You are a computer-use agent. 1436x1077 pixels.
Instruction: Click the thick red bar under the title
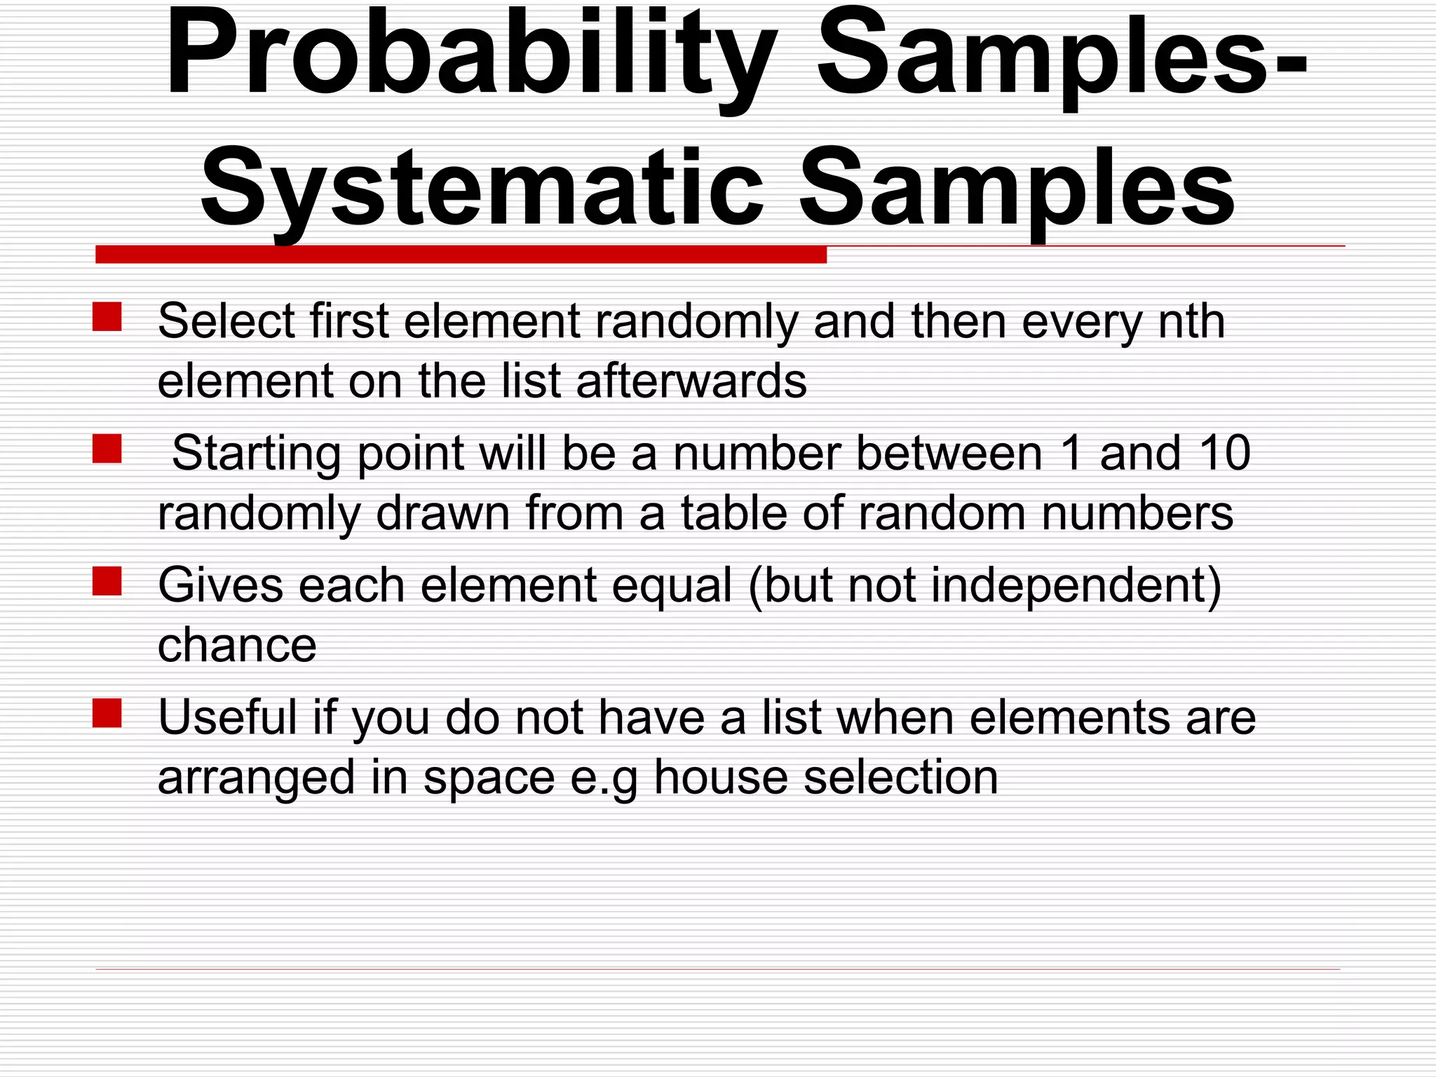pos(461,255)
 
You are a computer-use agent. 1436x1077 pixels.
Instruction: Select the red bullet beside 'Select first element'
pos(107,317)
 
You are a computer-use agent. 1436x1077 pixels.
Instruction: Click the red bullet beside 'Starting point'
pos(107,449)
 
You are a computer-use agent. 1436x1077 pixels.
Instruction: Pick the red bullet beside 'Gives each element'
pos(107,581)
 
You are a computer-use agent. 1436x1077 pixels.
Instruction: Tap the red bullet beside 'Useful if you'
pos(107,713)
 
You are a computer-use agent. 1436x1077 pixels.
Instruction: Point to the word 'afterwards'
pos(691,381)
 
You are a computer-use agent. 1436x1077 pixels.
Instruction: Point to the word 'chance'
pos(237,646)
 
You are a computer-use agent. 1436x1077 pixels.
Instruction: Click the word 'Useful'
pos(228,717)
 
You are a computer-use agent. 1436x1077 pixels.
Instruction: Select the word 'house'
pos(721,778)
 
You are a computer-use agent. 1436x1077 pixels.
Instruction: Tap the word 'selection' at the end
pos(900,778)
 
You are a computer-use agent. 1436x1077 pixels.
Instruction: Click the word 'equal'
pos(672,585)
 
